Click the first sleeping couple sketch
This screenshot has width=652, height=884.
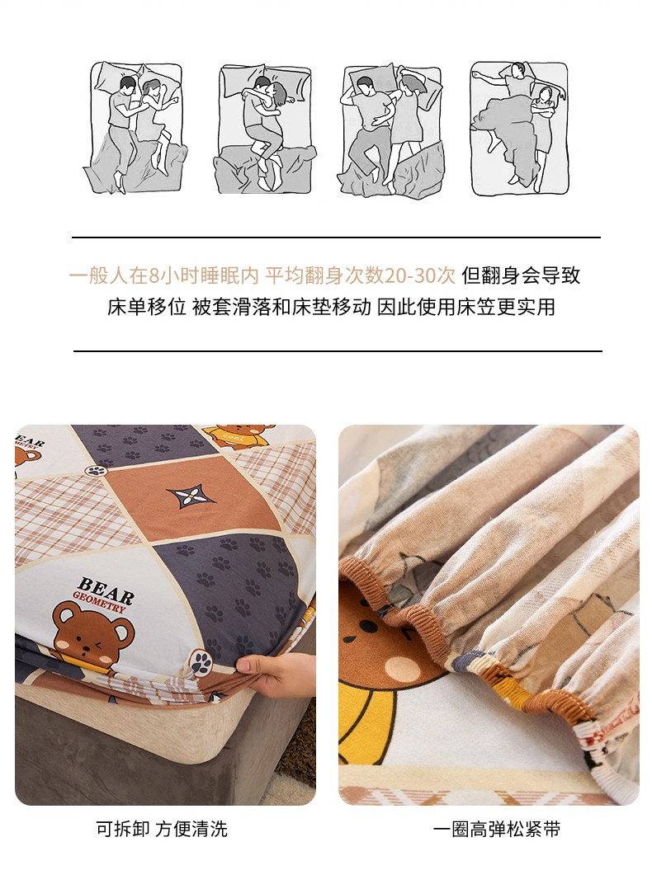[x=136, y=128]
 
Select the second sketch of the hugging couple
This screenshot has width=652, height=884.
[x=265, y=129]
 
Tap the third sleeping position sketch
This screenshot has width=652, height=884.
[x=393, y=130]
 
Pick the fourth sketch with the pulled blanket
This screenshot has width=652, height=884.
[x=519, y=129]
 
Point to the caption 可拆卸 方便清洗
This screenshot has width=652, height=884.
[x=162, y=829]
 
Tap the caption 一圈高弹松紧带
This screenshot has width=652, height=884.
[x=497, y=830]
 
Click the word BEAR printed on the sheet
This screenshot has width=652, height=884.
[x=106, y=588]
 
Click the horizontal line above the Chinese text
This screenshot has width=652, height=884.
[x=336, y=237]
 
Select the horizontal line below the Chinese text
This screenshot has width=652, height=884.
[x=338, y=351]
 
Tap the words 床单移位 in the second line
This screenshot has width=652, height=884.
[x=147, y=308]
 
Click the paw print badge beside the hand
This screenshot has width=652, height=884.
[x=201, y=662]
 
